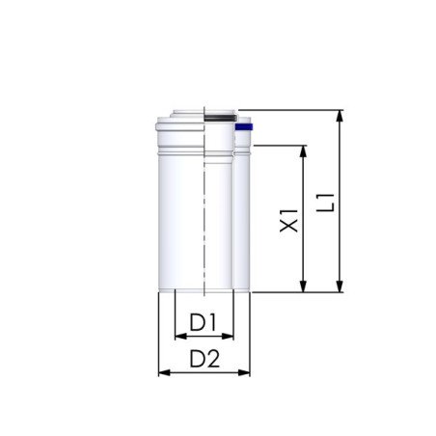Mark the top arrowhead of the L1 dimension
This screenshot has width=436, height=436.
(340, 116)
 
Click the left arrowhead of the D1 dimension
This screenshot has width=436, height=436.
(178, 337)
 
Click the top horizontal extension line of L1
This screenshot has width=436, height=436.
(289, 109)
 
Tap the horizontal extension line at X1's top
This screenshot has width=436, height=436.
(280, 145)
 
